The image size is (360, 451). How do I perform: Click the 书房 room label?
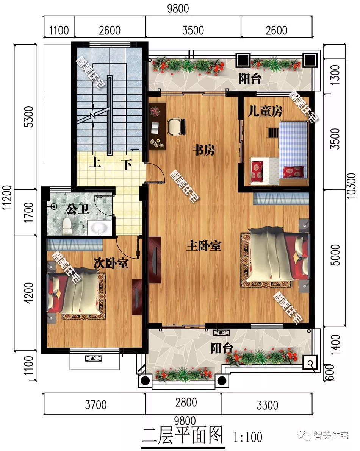[x=204, y=150]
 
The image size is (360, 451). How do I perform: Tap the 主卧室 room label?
[x=204, y=246]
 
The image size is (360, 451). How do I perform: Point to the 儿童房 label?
[x=265, y=111]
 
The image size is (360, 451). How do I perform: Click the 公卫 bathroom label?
[x=77, y=209]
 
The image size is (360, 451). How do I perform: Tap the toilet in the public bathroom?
[x=67, y=226]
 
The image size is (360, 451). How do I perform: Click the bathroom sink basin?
[x=99, y=228]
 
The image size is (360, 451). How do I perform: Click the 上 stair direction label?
[x=95, y=162]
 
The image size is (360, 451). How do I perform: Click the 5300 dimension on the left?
[x=29, y=117]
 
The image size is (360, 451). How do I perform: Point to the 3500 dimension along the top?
[x=193, y=30]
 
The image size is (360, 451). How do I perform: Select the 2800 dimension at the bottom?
[x=186, y=403]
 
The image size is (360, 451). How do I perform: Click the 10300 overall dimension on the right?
[x=351, y=186]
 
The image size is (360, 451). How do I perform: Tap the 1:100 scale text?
[x=248, y=437]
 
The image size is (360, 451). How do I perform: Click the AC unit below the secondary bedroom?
[x=94, y=358]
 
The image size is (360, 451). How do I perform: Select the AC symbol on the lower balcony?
[x=221, y=333]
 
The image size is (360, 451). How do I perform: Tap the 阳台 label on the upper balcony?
[x=250, y=79]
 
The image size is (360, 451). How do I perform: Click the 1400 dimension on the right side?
[x=335, y=344]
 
